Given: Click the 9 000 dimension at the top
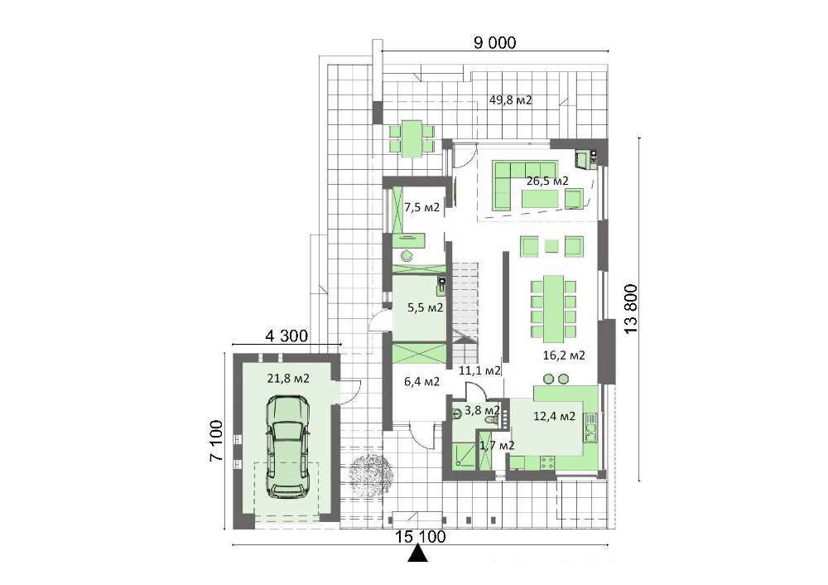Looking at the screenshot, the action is point(494,42).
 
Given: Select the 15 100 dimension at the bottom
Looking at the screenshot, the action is point(421,537).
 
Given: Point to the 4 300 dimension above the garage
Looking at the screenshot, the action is point(286,336).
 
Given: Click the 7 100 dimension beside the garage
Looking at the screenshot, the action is point(215,441).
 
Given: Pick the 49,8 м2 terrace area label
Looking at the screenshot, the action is point(511,100).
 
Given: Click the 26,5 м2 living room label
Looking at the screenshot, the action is point(547,181).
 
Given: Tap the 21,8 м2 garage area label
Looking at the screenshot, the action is point(288,379).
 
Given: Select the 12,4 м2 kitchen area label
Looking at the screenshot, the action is point(555,417).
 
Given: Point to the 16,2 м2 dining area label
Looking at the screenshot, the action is point(564,355).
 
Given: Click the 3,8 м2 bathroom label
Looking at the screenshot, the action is point(482,410).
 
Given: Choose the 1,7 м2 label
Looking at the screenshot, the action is point(497,446).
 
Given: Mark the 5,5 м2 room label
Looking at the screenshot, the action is point(425,307).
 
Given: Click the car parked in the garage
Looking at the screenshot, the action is point(288,447).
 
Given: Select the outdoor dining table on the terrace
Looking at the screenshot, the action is point(412,138).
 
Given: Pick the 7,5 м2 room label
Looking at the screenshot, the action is point(422,208).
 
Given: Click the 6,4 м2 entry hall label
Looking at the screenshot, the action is point(422,381).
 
